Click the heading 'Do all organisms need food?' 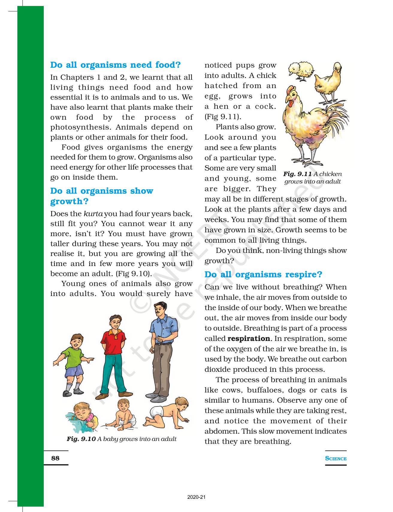click(x=115, y=65)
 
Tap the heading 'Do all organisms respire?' click(x=263, y=274)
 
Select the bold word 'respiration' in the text click(x=249, y=339)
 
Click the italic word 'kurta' click(x=93, y=214)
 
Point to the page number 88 click(x=55, y=458)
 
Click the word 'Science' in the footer click(x=335, y=458)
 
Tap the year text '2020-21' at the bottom click(x=196, y=497)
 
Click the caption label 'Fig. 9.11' click(x=297, y=174)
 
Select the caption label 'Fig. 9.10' click(x=81, y=439)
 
